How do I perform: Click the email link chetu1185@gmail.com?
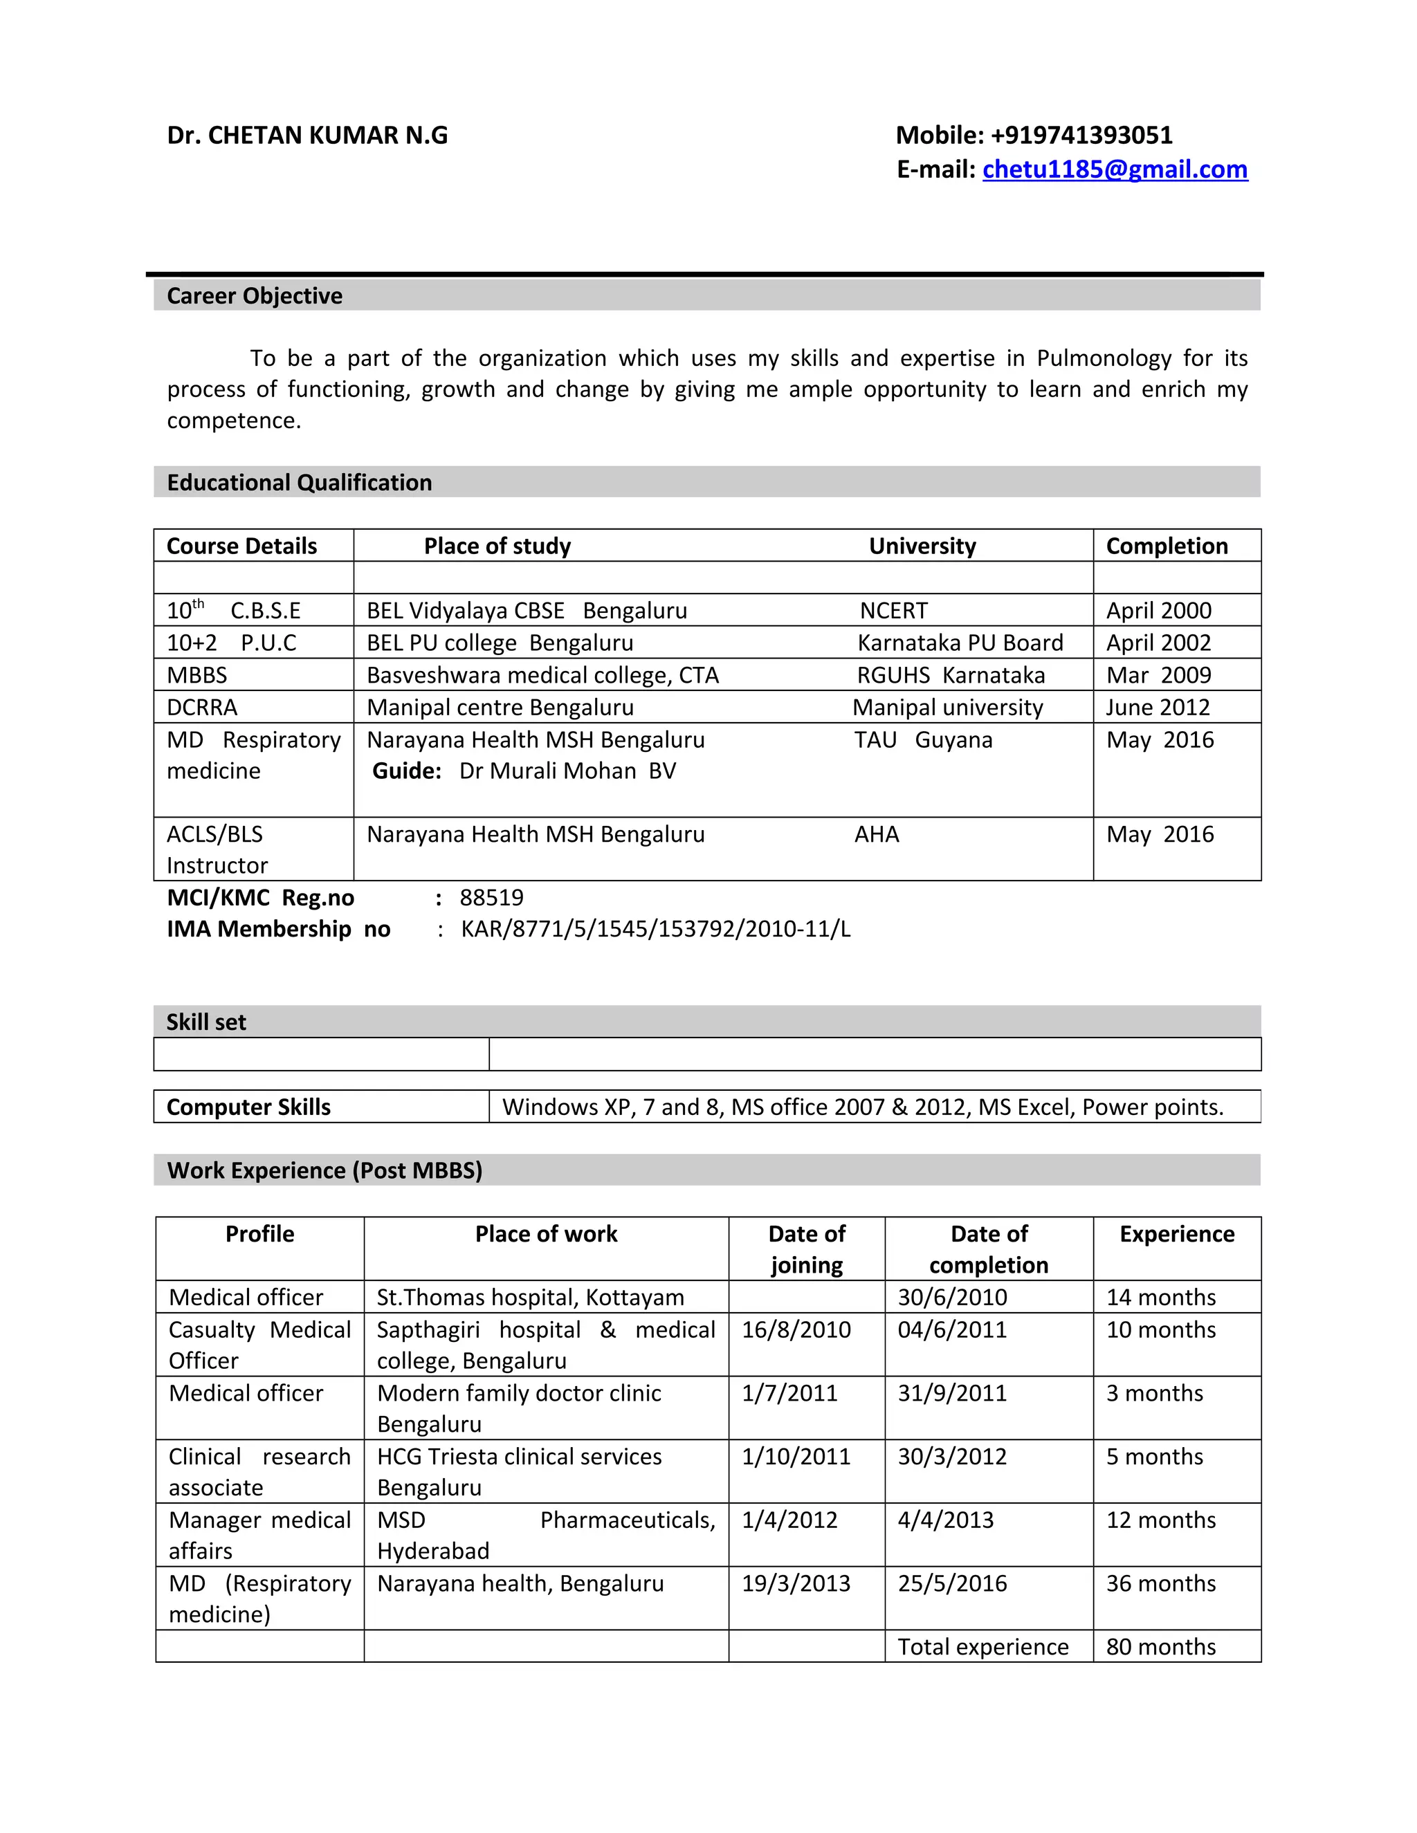tap(1114, 169)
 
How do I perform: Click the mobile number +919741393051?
tap(1081, 135)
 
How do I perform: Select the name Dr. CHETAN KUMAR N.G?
tap(307, 135)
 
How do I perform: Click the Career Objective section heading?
tap(255, 295)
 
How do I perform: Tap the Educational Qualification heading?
tap(299, 483)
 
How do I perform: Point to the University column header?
tap(922, 546)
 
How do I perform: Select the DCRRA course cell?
tap(202, 708)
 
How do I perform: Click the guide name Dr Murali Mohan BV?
tap(567, 771)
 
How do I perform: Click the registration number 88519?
tap(491, 897)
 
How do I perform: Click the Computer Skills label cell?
tap(248, 1107)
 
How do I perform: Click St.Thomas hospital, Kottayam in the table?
tap(530, 1297)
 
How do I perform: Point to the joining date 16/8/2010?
tap(796, 1329)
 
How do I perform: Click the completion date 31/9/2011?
tap(952, 1393)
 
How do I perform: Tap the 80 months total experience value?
tap(1160, 1647)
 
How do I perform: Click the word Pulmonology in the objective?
tap(1103, 358)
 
